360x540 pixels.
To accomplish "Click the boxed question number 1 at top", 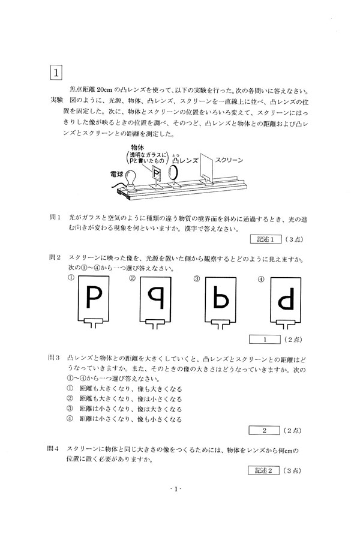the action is pyautogui.click(x=56, y=73).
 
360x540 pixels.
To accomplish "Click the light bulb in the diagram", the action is pyautogui.click(x=131, y=180).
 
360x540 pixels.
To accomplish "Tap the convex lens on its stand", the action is pyautogui.click(x=173, y=174).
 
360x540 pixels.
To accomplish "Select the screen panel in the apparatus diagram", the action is pyautogui.click(x=206, y=167).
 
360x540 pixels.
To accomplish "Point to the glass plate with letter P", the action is pyautogui.click(x=157, y=174).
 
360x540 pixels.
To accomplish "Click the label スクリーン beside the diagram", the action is pyautogui.click(x=229, y=160).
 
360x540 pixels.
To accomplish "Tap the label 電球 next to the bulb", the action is pyautogui.click(x=116, y=174).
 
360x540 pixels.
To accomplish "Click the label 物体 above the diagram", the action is pyautogui.click(x=138, y=148).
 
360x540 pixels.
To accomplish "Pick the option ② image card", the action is pyautogui.click(x=156, y=302).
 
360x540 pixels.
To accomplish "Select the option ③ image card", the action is pyautogui.click(x=220, y=302).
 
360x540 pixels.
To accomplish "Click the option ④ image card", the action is pyautogui.click(x=286, y=302).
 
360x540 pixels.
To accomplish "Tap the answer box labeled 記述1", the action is pyautogui.click(x=266, y=239).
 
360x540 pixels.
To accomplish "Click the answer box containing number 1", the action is pyautogui.click(x=265, y=339).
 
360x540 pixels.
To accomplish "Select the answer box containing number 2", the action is pyautogui.click(x=264, y=430).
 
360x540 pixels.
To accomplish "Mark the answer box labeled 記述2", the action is pyautogui.click(x=263, y=470).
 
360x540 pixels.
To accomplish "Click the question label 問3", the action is pyautogui.click(x=54, y=358).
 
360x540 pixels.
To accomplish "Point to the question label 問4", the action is pyautogui.click(x=53, y=449).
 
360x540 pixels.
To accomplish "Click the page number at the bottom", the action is pyautogui.click(x=176, y=489).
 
